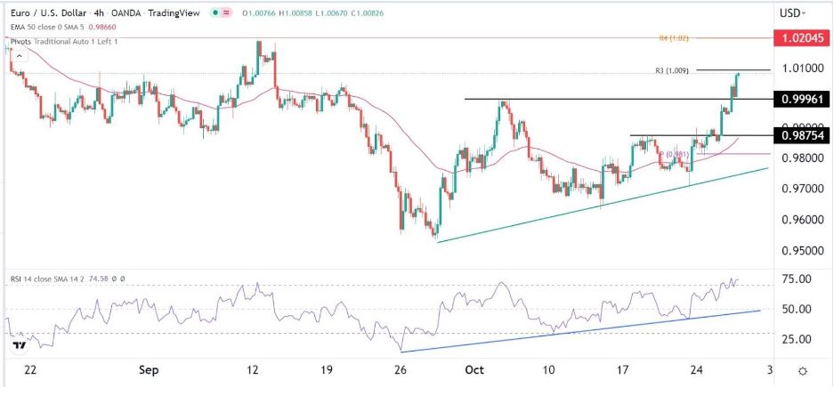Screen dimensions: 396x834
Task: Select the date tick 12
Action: point(254,368)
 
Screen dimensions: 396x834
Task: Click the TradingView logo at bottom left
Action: point(17,344)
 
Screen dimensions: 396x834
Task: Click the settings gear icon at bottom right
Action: point(803,369)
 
